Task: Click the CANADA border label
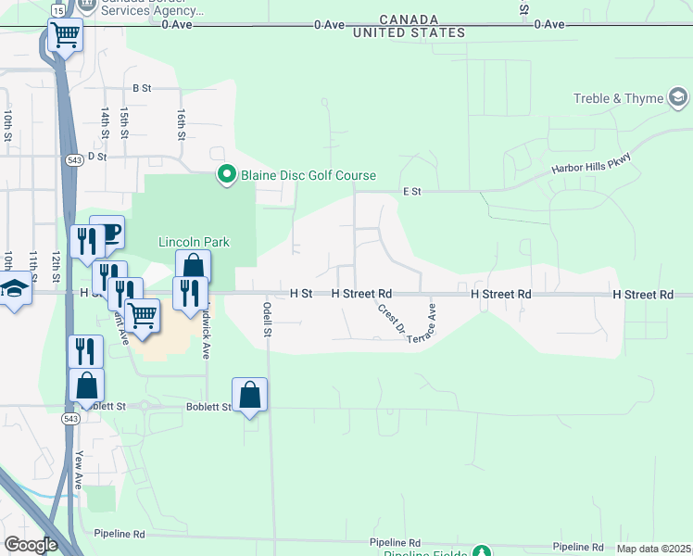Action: click(x=408, y=19)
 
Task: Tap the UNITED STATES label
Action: click(x=409, y=33)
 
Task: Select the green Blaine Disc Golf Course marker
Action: click(x=226, y=174)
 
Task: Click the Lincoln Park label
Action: click(x=194, y=242)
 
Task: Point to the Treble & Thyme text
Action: click(x=618, y=98)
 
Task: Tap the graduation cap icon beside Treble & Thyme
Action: click(x=678, y=97)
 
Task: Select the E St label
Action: click(x=412, y=192)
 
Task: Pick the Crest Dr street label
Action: click(x=391, y=317)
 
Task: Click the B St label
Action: click(x=142, y=88)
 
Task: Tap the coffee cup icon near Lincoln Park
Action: click(x=108, y=231)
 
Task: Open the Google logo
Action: click(x=31, y=545)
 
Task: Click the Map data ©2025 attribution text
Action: click(x=653, y=549)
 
